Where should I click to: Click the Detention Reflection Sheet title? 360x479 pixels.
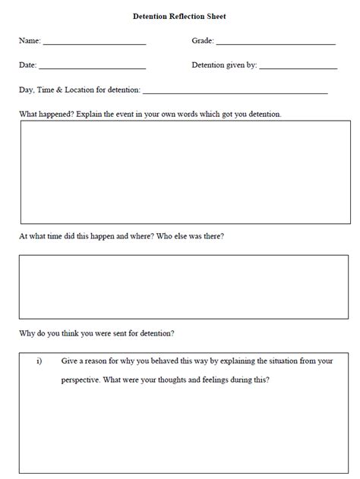(179, 16)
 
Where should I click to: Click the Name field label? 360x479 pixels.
(29, 41)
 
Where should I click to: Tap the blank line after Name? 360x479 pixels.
(94, 44)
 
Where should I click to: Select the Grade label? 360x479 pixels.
(202, 41)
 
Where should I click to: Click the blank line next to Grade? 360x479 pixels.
(275, 44)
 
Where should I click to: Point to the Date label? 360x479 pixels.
(27, 65)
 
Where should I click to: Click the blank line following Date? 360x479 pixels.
(91, 68)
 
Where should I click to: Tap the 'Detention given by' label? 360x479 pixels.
(224, 65)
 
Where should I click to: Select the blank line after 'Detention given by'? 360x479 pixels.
(298, 68)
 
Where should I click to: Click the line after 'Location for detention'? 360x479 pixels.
(235, 93)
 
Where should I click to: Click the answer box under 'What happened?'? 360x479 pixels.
(185, 172)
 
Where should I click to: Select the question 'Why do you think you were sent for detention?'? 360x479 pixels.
(96, 333)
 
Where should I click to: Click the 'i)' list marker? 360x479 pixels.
(39, 361)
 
